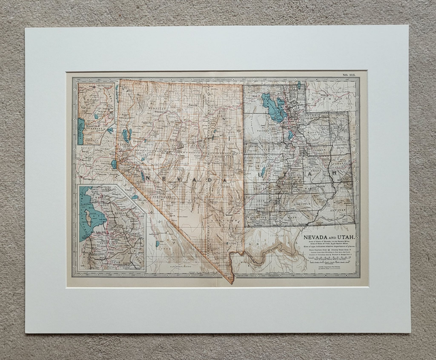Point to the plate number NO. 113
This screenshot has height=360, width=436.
tap(349, 76)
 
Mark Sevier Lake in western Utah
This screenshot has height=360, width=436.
tap(262, 173)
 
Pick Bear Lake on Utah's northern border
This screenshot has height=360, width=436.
tap(298, 86)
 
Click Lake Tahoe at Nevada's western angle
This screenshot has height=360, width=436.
tap(113, 164)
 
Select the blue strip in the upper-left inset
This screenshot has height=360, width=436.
tap(80, 131)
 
